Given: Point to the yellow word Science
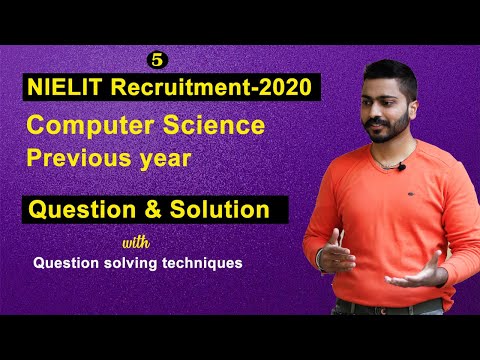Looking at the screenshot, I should click(215, 126).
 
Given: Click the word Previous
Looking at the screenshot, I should click(81, 158).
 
